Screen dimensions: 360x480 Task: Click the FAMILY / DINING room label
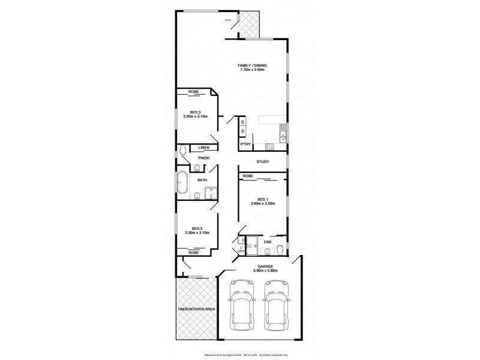click(x=252, y=65)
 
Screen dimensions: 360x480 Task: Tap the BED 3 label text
click(x=194, y=112)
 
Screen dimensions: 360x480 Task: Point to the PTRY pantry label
click(x=245, y=145)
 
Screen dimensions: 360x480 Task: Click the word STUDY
click(x=262, y=161)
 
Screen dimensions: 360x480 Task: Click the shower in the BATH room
click(x=211, y=192)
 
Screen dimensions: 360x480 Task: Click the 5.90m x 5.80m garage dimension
click(x=265, y=271)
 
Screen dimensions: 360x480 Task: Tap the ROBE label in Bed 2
click(x=193, y=253)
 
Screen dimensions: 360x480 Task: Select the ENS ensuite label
click(x=268, y=242)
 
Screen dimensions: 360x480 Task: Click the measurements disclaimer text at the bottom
click(x=255, y=355)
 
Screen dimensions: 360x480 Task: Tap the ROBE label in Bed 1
click(x=247, y=176)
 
